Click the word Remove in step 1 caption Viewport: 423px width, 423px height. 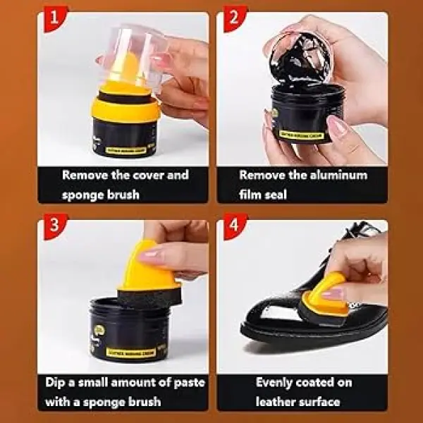click(x=85, y=175)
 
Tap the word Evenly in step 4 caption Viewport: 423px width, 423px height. click(x=277, y=384)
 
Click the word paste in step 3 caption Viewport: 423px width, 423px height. click(x=186, y=384)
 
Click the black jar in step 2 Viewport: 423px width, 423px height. click(x=303, y=113)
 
